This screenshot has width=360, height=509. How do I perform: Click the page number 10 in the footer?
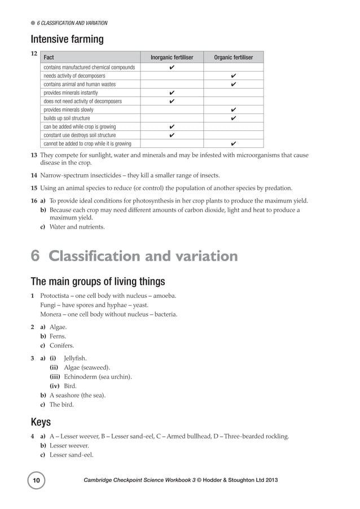(x=37, y=480)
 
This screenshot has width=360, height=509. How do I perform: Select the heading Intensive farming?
(x=67, y=39)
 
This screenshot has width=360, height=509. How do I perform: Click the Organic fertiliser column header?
(x=233, y=58)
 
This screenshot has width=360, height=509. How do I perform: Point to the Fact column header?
(x=49, y=58)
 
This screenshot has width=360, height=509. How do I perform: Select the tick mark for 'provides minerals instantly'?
(x=172, y=93)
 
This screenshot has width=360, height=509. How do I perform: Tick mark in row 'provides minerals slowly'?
(x=233, y=109)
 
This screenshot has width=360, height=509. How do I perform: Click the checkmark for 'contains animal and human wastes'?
(x=233, y=84)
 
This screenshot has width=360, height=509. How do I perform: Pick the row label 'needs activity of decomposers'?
(x=73, y=76)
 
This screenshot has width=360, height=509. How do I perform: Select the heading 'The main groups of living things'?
(x=98, y=282)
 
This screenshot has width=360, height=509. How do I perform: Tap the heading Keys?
(x=41, y=422)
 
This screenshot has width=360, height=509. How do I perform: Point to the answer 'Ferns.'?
(x=58, y=336)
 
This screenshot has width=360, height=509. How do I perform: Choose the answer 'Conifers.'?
(x=62, y=345)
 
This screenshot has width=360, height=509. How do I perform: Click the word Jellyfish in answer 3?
(x=76, y=358)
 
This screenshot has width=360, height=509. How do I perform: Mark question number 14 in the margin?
(x=34, y=175)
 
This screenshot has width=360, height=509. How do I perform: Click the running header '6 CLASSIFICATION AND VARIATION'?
(x=72, y=23)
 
